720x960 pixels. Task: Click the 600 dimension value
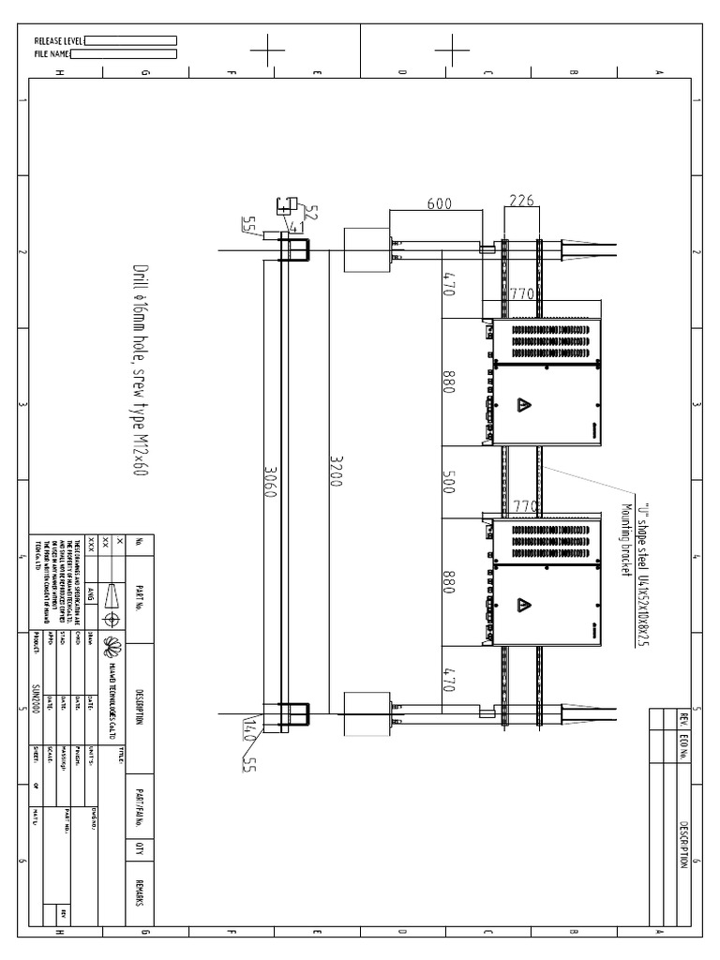(439, 202)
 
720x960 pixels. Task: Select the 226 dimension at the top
(521, 200)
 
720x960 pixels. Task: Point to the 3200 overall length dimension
(337, 469)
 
